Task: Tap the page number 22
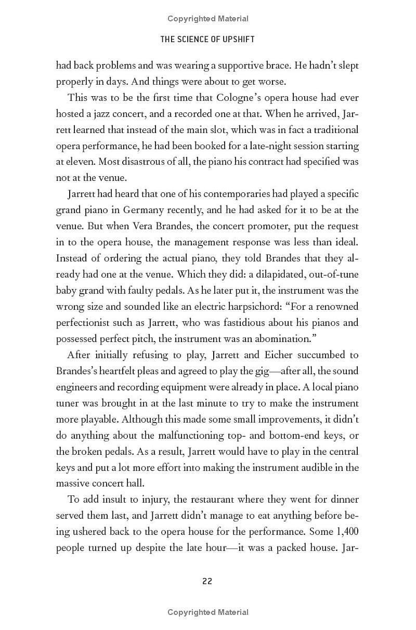[x=207, y=581]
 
